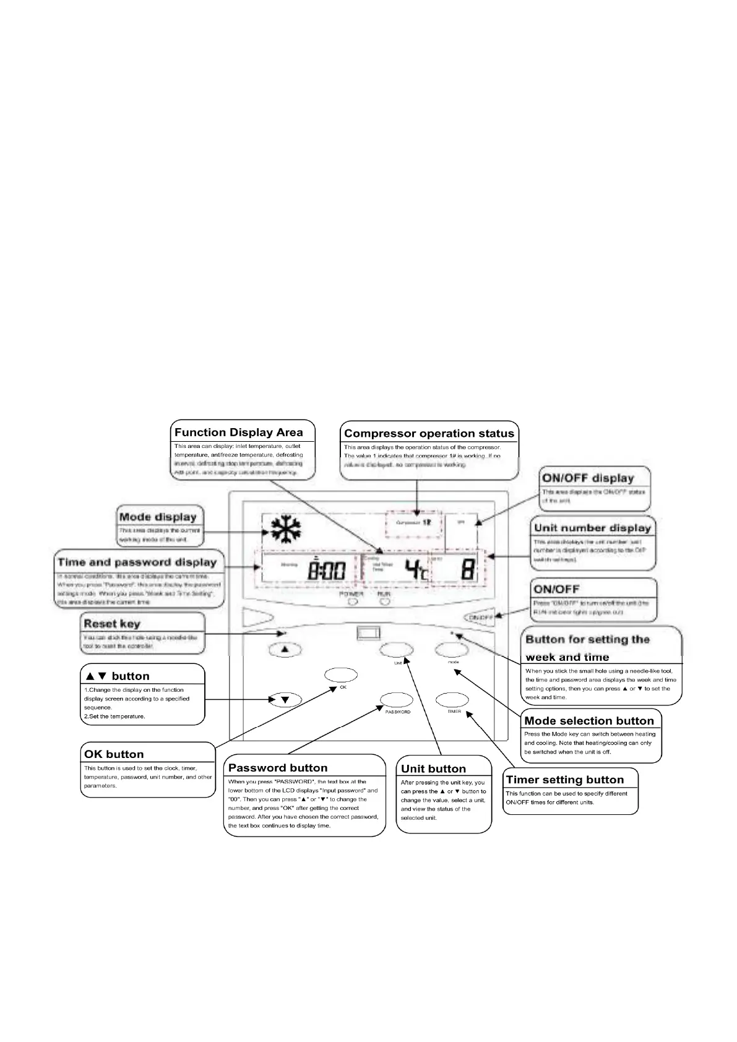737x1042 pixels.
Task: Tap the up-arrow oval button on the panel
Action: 285,650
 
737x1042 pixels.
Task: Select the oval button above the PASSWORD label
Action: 397,700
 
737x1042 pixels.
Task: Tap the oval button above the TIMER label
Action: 453,700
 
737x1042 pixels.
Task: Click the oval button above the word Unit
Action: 396,650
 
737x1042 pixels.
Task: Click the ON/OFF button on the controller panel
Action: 480,617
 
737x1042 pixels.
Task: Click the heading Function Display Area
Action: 239,433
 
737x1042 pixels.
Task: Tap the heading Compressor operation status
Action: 429,434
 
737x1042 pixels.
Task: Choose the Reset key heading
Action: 112,624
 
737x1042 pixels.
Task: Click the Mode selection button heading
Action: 589,721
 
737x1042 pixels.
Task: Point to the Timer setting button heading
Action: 564,780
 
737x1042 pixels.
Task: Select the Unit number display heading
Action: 592,528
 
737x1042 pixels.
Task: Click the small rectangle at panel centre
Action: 368,632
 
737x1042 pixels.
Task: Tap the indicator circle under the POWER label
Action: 352,601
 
